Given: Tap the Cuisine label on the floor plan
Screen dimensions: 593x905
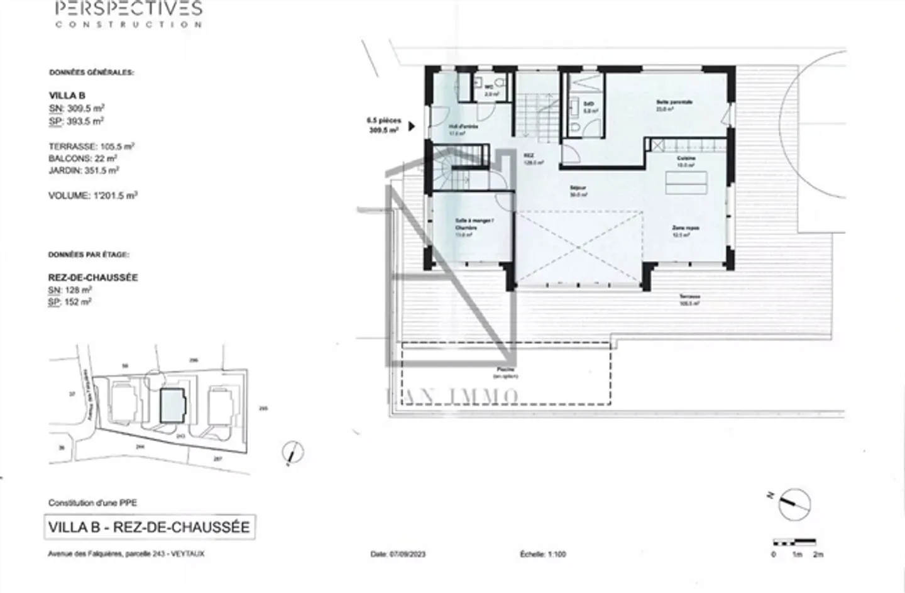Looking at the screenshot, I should point(685,158).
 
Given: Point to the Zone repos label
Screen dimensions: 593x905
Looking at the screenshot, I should point(684,228).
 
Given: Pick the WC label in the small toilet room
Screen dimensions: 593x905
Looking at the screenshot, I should point(487,88).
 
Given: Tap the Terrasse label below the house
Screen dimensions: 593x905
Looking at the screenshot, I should point(689,297).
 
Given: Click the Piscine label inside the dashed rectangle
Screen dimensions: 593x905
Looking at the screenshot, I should point(505,370).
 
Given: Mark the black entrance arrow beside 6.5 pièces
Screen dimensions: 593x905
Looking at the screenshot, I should point(412,126).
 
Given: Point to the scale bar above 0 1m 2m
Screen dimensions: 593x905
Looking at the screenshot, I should point(794,542).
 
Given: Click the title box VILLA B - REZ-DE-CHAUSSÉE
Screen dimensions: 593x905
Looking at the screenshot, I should point(149,527).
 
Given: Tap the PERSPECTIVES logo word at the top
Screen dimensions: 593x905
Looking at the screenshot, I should point(129,9).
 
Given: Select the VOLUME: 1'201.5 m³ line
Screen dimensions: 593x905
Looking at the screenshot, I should point(92,196).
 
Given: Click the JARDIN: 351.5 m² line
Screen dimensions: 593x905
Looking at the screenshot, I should point(84,170).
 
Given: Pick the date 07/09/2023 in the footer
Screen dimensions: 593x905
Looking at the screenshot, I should point(398,555).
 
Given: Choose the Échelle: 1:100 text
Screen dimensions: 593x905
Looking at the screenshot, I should point(542,555).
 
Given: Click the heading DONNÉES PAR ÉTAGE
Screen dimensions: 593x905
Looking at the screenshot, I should point(89,255).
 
